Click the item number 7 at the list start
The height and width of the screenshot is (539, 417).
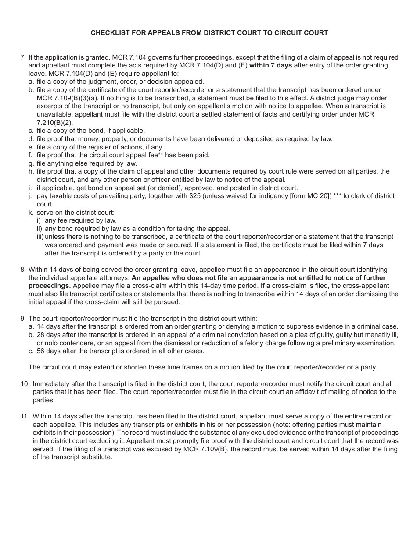coord(23,57)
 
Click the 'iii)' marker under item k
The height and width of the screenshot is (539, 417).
coord(40,237)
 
